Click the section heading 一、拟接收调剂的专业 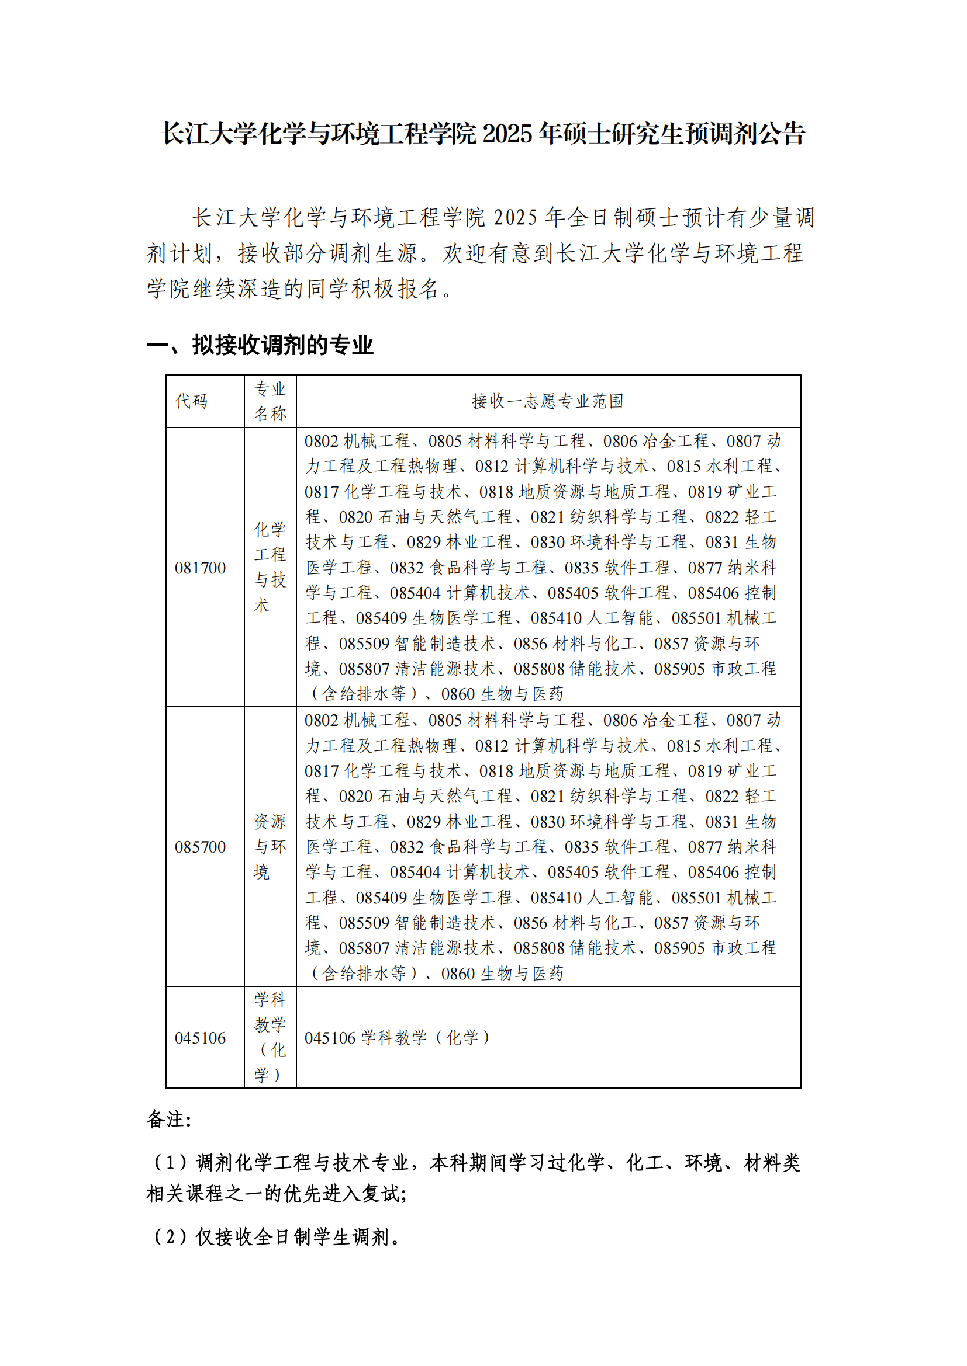click(260, 345)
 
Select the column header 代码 click(191, 401)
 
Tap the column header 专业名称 click(270, 401)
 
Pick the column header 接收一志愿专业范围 click(548, 401)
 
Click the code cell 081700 click(200, 568)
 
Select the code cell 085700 click(200, 847)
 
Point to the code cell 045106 click(200, 1038)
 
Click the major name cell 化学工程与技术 click(270, 567)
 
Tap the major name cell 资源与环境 click(270, 847)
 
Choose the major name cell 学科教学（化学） click(270, 1037)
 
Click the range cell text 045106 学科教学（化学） click(397, 1038)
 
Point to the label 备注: click(168, 1119)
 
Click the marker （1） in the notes click(170, 1162)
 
